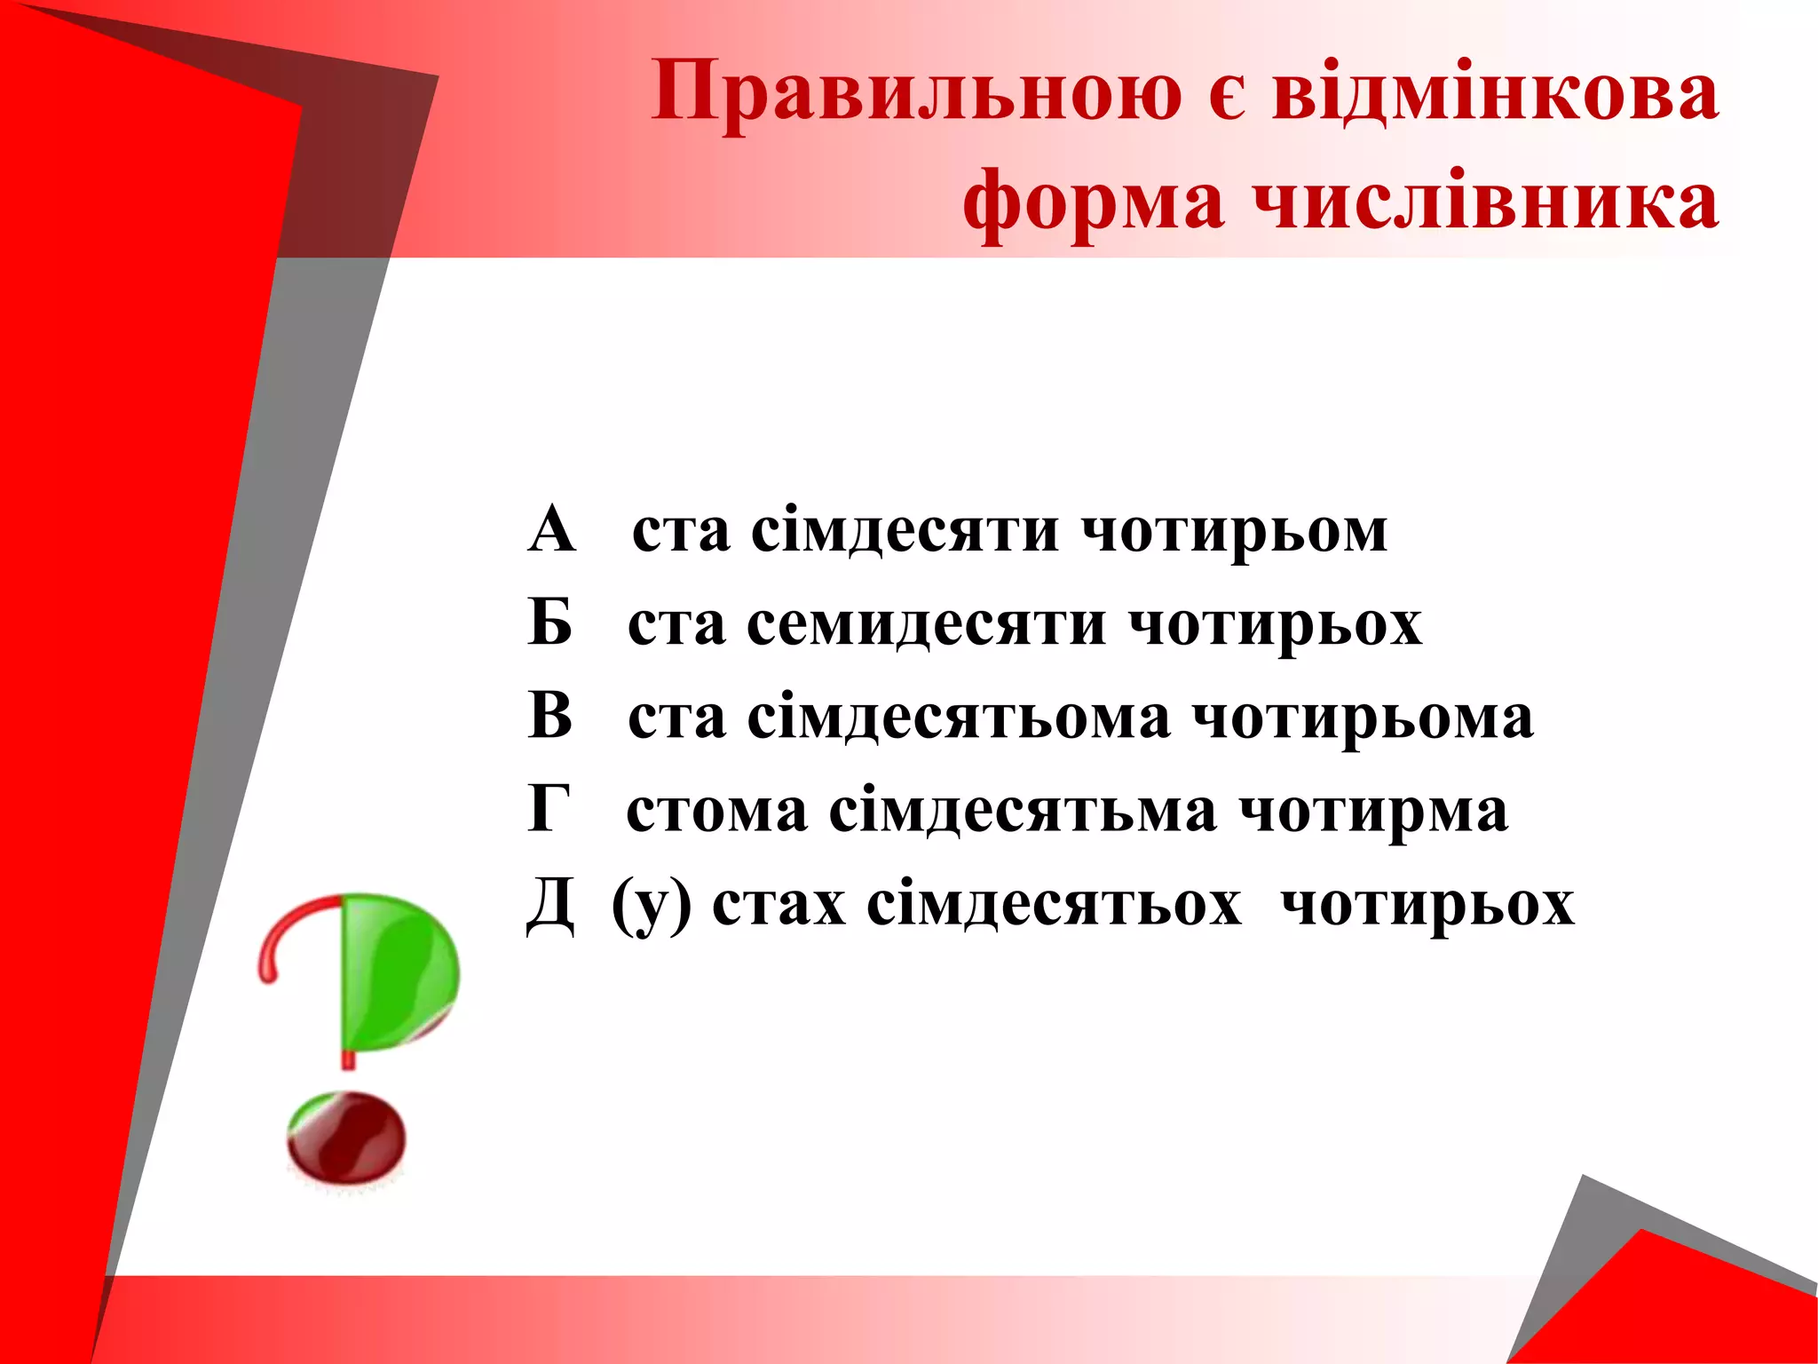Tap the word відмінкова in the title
tap(1495, 91)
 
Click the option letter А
tap(552, 530)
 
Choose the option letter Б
tap(550, 623)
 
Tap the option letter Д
tap(550, 905)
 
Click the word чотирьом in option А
tap(1234, 531)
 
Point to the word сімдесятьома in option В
tap(958, 718)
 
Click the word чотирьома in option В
tap(1362, 718)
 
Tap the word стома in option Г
tap(716, 811)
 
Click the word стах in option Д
tap(779, 905)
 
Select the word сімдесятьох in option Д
tap(1054, 905)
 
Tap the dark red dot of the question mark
tap(346, 1138)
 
